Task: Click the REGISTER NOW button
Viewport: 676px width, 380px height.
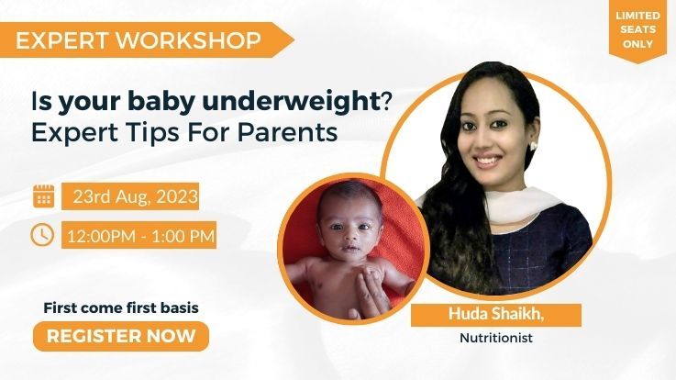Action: pos(121,336)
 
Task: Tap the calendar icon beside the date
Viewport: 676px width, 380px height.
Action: pos(43,196)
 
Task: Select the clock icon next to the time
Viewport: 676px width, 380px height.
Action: pos(42,235)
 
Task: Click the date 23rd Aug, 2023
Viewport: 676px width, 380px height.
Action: pos(135,196)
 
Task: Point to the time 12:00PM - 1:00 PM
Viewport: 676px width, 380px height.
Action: pos(140,236)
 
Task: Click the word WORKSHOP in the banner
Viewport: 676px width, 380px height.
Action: pos(188,40)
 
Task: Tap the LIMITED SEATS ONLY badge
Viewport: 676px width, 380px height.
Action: pos(637,29)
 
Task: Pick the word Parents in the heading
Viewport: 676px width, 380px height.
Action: pos(288,132)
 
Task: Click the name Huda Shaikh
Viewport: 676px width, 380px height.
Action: pos(496,314)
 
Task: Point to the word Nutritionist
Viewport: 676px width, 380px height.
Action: pos(496,337)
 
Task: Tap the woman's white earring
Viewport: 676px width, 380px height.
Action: pos(533,145)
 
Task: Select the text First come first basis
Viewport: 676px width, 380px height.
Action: pos(121,308)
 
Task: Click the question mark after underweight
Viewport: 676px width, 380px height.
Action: pos(385,102)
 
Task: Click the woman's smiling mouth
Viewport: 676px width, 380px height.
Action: pos(486,161)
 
